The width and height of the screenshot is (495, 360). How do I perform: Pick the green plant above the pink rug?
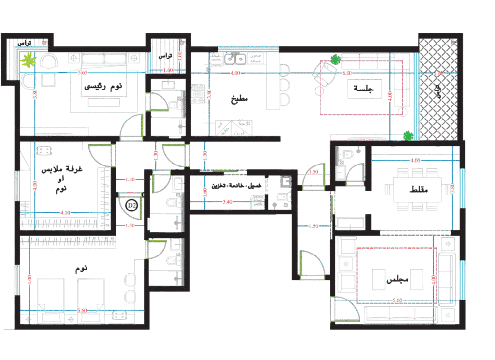pos(335,60)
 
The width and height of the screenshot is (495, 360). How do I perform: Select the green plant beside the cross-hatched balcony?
pos(409,136)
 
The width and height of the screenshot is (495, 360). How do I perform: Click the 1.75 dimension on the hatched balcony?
pos(439,74)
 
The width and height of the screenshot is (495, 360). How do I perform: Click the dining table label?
pos(415,189)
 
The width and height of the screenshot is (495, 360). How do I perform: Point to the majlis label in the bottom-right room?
pos(397,279)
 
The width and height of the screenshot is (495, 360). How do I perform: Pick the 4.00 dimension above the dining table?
pos(415,160)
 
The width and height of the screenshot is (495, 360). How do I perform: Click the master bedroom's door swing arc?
pos(130,127)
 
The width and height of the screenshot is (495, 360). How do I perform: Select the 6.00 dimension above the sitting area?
pos(347,73)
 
